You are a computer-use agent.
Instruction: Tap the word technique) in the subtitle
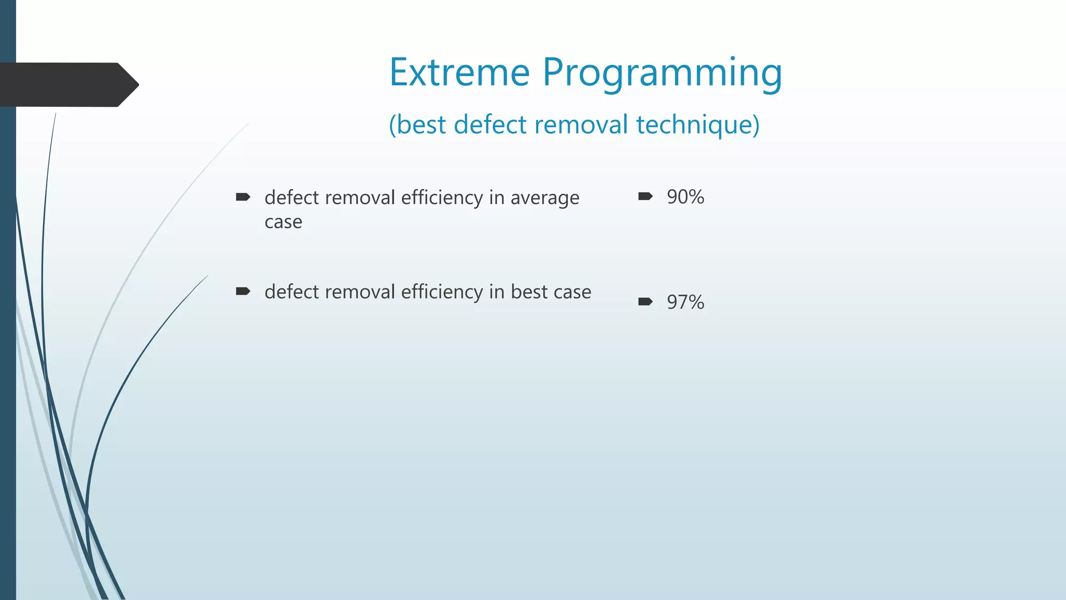[697, 126]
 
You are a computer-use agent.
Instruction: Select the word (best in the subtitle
[417, 125]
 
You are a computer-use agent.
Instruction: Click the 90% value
[686, 197]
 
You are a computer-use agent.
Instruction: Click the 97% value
[686, 302]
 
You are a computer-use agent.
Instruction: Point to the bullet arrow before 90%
[645, 196]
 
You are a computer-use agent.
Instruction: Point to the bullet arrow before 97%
[645, 302]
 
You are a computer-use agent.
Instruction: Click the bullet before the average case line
[243, 197]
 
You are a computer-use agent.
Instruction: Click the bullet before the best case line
[243, 291]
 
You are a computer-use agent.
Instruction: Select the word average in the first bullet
[544, 198]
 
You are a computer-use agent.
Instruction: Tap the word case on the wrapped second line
[283, 222]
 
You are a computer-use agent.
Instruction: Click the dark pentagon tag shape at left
[68, 84]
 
